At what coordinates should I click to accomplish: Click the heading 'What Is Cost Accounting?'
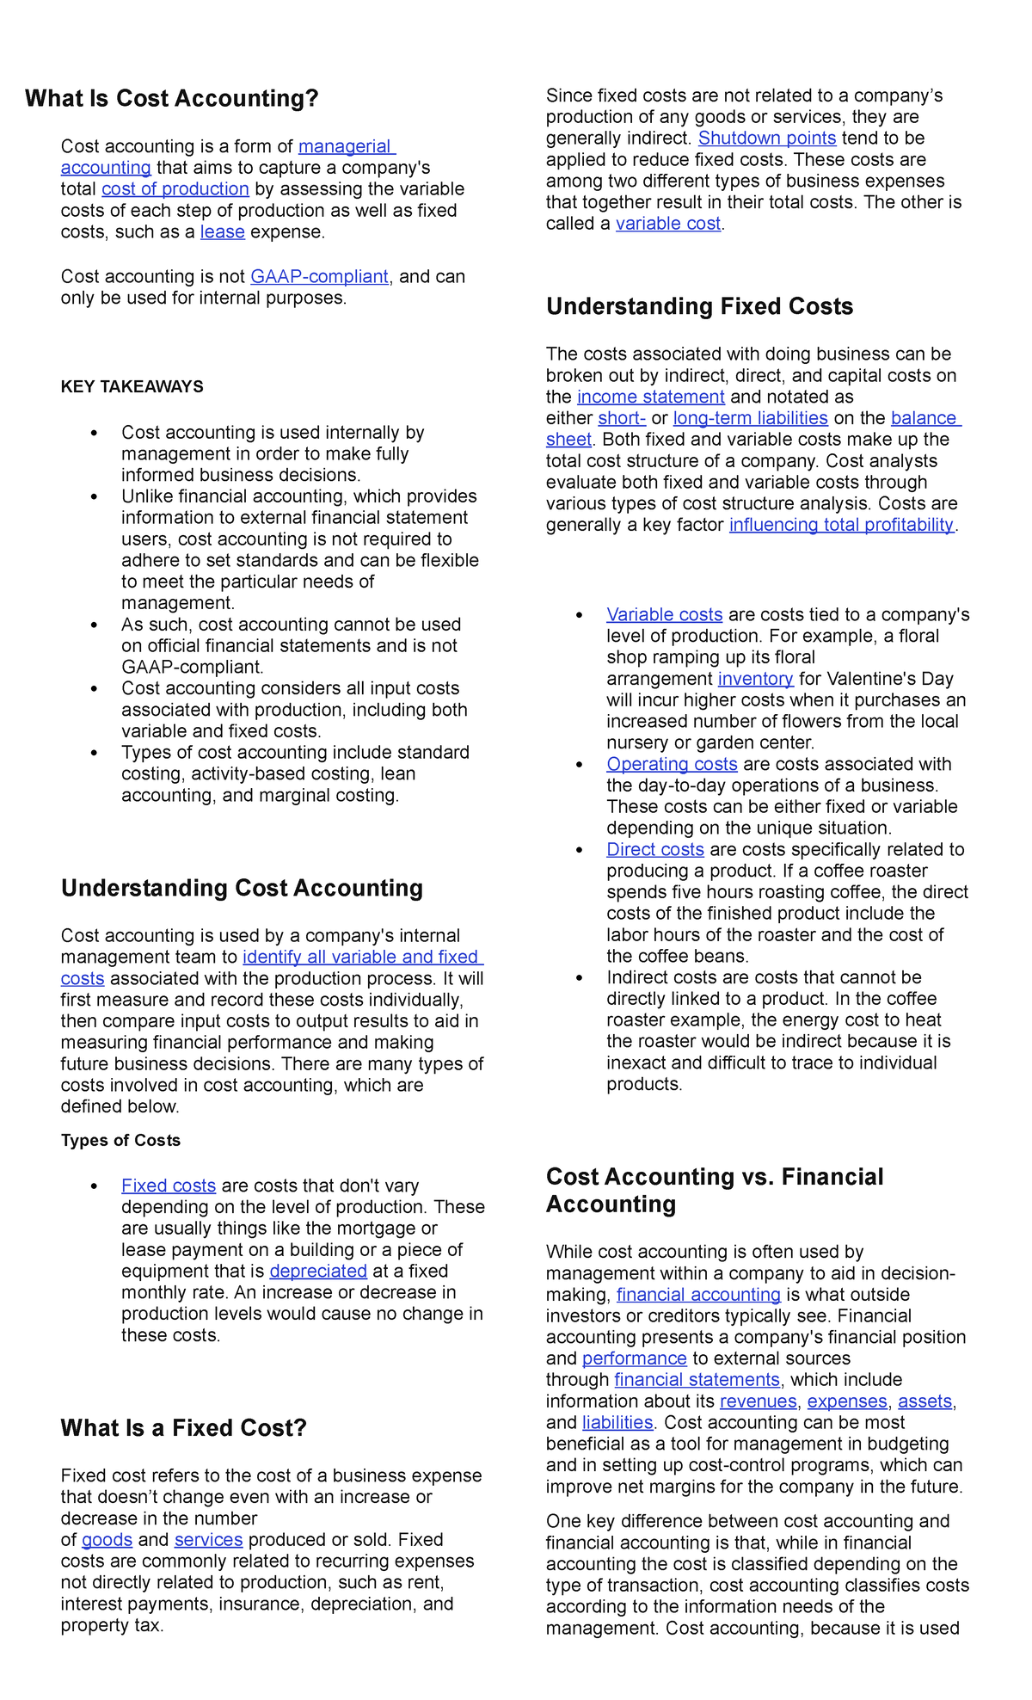(172, 99)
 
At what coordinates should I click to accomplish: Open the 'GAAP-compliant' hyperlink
(319, 277)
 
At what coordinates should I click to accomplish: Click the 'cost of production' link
(175, 189)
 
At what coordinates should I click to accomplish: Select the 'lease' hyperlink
(223, 232)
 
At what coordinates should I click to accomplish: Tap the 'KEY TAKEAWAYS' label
(132, 387)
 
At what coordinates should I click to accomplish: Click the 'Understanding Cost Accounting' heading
(242, 889)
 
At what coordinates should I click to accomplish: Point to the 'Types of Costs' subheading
(120, 1141)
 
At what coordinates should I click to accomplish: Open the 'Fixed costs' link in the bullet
(169, 1186)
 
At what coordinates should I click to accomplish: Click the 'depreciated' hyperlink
(318, 1272)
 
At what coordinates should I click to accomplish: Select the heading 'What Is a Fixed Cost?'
(183, 1429)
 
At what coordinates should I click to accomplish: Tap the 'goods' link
(107, 1540)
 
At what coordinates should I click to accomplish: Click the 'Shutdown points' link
(767, 139)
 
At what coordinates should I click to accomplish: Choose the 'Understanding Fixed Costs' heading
(699, 307)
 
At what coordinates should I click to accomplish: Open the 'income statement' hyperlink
(651, 397)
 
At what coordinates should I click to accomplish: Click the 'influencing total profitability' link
(841, 526)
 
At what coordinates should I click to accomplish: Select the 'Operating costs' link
(672, 765)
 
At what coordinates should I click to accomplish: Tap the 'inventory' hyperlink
(755, 680)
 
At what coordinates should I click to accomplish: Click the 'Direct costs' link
(655, 850)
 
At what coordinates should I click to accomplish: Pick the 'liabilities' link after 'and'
(617, 1423)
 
